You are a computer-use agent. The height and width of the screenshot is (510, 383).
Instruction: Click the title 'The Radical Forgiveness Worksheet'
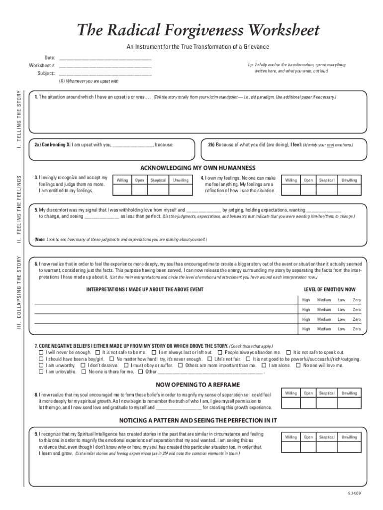click(197, 30)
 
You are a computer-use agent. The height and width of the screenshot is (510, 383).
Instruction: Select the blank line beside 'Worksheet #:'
click(105, 66)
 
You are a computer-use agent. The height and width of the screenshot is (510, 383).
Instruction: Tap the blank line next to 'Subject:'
click(105, 74)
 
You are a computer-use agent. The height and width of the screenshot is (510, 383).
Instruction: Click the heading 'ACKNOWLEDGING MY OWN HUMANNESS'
click(197, 168)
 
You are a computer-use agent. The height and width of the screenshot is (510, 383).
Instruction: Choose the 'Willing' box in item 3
click(122, 190)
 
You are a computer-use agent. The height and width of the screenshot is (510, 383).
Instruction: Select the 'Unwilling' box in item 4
click(349, 190)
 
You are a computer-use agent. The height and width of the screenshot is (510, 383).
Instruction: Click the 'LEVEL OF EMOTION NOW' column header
click(330, 289)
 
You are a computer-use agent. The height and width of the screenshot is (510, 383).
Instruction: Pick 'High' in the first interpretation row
click(306, 300)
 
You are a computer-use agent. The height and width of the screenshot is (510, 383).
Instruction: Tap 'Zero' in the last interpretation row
click(357, 329)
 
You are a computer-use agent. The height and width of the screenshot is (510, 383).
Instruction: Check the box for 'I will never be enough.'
click(42, 352)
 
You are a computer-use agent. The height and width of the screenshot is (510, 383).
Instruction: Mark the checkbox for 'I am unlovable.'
click(42, 372)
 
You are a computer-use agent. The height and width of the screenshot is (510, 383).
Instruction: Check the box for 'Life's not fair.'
click(210, 359)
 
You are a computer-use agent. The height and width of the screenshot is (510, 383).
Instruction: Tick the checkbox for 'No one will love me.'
click(298, 365)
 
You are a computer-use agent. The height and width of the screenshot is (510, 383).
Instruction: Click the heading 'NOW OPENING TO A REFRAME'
click(197, 384)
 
